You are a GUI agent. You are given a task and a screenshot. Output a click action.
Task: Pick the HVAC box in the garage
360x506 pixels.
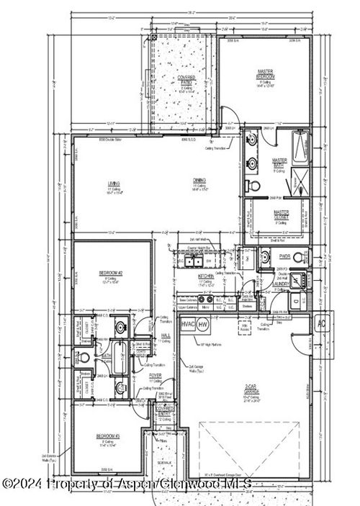[189, 325]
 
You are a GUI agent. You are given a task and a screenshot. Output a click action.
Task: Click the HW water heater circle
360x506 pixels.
[204, 325]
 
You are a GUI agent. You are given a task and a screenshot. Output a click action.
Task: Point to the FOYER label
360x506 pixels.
[156, 376]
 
